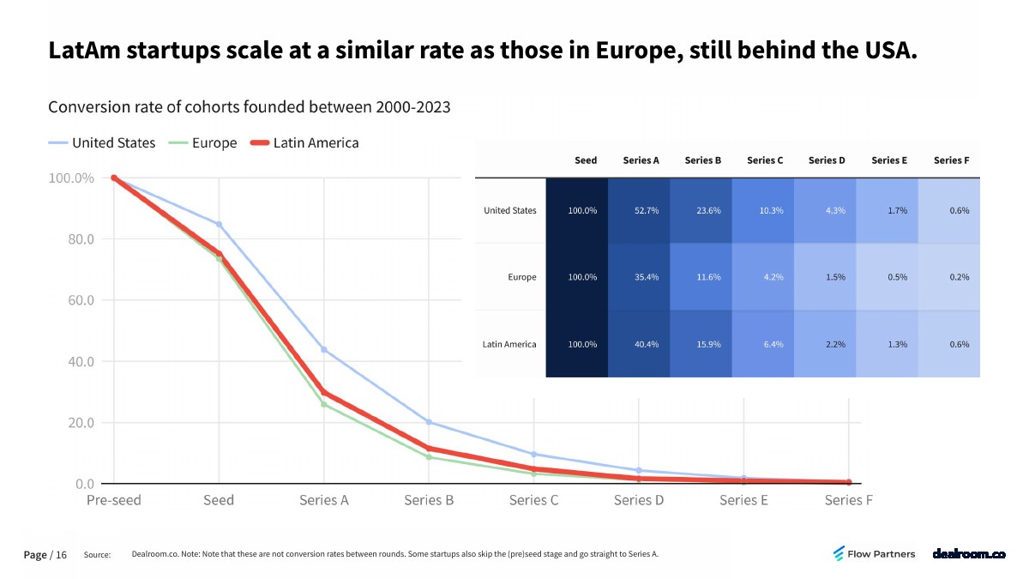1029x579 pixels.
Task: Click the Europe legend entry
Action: (214, 143)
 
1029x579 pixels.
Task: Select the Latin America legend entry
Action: (316, 143)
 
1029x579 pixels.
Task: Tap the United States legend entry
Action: (113, 143)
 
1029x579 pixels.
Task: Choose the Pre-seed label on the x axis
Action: (114, 500)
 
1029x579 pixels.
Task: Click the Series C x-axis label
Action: (533, 500)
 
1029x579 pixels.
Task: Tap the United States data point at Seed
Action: (219, 225)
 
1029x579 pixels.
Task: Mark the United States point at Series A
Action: (324, 350)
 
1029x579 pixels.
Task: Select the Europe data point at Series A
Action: (324, 404)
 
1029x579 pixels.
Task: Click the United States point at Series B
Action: (429, 422)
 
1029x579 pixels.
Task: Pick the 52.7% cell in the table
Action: (647, 210)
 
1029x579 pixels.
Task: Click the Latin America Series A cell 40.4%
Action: (647, 344)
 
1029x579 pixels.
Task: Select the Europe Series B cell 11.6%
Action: (709, 277)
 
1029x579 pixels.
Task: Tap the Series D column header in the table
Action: (827, 160)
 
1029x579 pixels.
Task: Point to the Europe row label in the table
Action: (521, 277)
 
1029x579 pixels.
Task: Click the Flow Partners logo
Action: (874, 554)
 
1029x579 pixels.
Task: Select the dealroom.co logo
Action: (969, 554)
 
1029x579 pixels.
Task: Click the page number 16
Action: (61, 555)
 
